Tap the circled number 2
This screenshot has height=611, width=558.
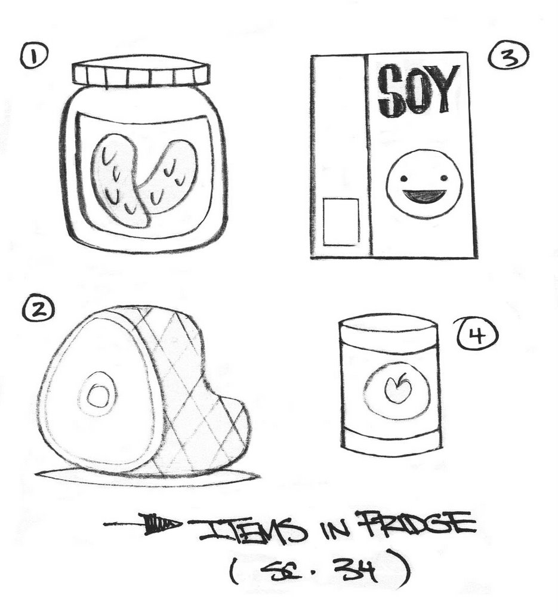38,310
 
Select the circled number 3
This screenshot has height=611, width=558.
508,57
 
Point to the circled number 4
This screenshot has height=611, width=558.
477,334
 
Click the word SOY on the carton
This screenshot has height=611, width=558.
418,90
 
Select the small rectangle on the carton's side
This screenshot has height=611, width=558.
341,222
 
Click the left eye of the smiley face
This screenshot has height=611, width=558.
404,179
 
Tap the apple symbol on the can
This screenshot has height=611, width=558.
397,388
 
